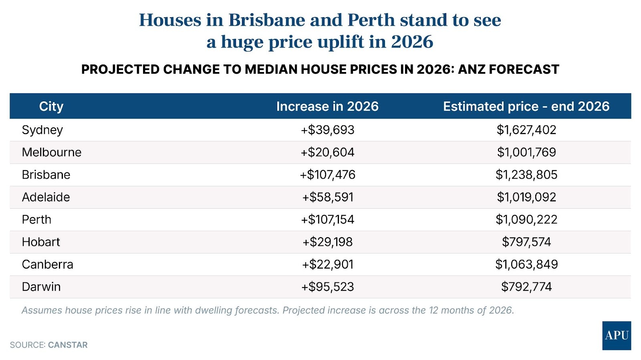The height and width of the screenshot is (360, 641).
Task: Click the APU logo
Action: (616, 336)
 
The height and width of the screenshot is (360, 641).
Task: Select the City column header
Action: (51, 107)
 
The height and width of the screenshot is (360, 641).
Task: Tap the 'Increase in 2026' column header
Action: (327, 107)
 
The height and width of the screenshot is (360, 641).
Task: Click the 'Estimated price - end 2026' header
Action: (526, 107)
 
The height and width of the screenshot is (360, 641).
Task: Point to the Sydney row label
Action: (42, 130)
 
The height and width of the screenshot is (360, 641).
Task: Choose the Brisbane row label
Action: (46, 175)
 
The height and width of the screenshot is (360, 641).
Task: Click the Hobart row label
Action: (41, 242)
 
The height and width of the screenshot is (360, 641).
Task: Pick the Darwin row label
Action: (41, 287)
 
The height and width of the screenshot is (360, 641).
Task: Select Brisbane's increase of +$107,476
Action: (328, 175)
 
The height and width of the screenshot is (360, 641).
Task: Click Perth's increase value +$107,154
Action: (328, 220)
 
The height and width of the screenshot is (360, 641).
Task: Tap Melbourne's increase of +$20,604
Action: (328, 153)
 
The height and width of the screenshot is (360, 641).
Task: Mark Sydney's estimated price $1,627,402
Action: (526, 130)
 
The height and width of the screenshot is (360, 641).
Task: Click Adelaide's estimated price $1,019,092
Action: (526, 197)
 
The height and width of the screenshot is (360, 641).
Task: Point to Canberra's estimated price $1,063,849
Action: (526, 265)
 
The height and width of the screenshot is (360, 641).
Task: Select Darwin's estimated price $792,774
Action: (526, 287)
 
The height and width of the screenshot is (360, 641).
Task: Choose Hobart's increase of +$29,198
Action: (328, 242)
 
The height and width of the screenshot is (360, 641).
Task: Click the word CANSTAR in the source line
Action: (68, 345)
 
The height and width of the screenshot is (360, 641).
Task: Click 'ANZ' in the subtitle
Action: (472, 70)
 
